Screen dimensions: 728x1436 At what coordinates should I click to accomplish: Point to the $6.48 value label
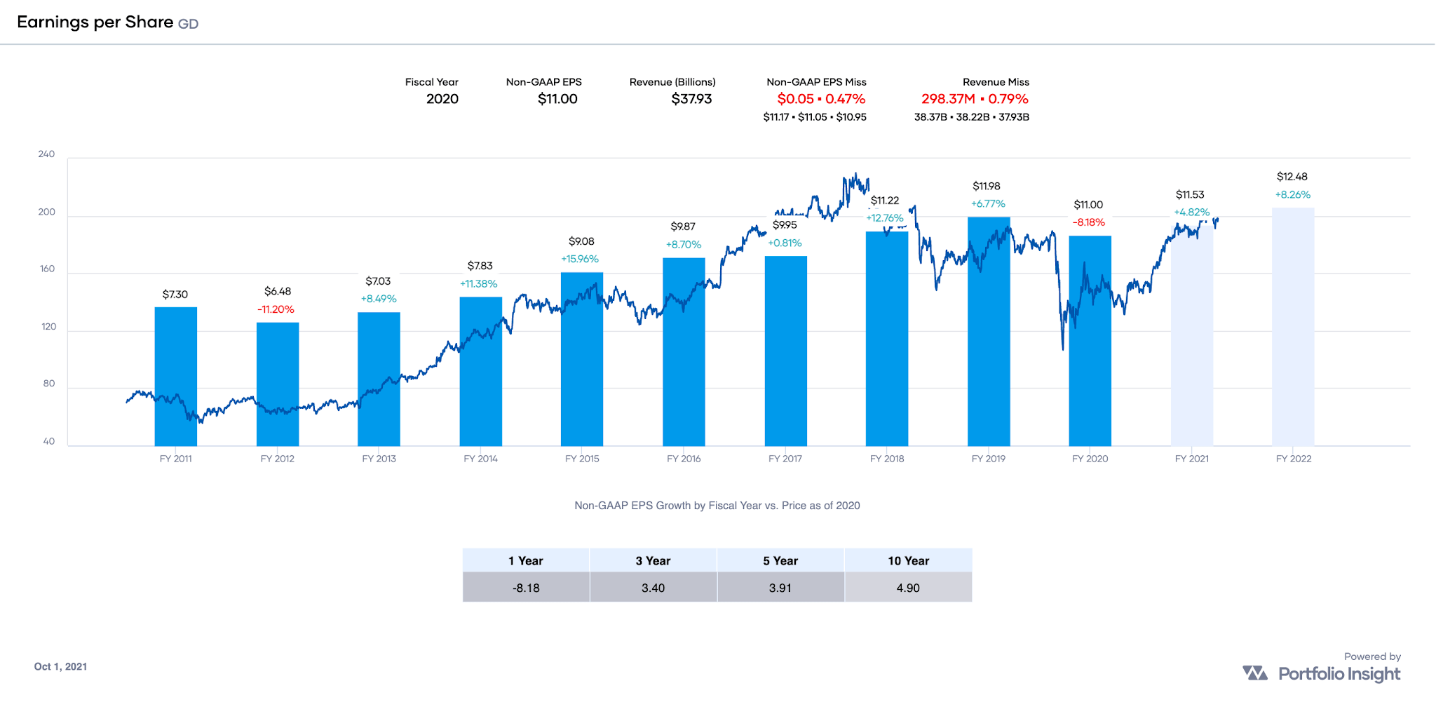coord(278,291)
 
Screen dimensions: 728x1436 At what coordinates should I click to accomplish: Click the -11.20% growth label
coord(276,309)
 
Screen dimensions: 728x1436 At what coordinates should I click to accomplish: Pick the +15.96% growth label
coord(580,259)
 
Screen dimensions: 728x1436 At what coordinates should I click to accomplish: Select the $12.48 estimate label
coord(1292,177)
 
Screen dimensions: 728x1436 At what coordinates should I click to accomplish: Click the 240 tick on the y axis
coord(46,154)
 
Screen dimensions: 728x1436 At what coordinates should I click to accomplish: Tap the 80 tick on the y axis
coord(49,384)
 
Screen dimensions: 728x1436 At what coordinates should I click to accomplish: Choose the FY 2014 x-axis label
coord(480,459)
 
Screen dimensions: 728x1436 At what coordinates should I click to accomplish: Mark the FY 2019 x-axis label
coord(988,459)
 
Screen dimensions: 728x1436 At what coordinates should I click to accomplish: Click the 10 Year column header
coord(908,560)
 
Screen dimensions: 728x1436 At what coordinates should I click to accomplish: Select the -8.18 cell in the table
coord(526,588)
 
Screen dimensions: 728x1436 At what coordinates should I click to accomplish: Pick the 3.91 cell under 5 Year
coord(780,588)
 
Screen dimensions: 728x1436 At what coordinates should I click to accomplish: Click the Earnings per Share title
coord(95,22)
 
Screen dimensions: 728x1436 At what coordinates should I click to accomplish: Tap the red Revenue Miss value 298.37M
coord(948,99)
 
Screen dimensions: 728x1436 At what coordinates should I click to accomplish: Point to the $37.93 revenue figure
coord(691,99)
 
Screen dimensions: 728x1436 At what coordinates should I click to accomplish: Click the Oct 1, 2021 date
coord(60,666)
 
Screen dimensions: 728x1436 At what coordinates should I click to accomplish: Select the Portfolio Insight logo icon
coord(1255,673)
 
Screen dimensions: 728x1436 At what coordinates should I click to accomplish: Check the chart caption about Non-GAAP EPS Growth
coord(717,506)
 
